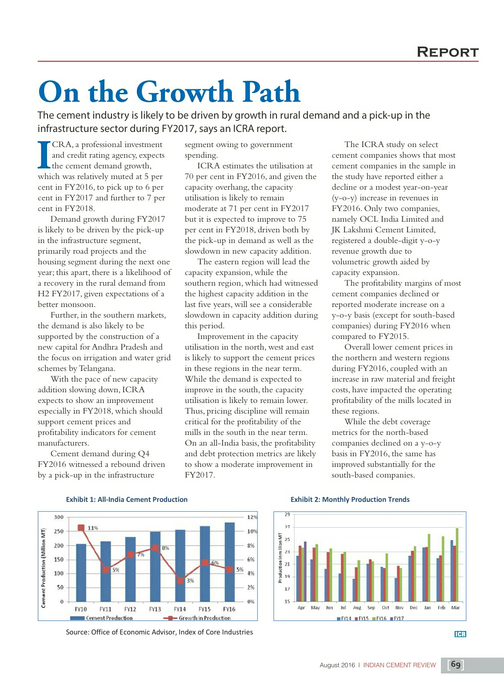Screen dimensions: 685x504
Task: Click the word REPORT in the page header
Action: click(447, 52)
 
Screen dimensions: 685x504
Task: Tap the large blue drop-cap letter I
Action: click(44, 155)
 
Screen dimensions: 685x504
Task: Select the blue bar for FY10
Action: click(81, 573)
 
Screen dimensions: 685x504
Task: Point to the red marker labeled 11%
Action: click(81, 528)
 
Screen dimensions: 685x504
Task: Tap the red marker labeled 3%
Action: click(180, 580)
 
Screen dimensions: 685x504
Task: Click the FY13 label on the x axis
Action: click(155, 609)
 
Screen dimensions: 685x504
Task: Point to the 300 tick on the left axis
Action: click(59, 517)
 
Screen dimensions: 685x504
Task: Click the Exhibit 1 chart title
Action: click(127, 499)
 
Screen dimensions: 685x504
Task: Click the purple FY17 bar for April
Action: click(305, 571)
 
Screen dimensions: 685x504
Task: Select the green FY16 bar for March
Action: click(457, 565)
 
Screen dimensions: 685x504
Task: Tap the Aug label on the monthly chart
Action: click(357, 608)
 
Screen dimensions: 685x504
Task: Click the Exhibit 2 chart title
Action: click(350, 499)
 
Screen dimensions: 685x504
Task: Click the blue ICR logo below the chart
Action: click(460, 634)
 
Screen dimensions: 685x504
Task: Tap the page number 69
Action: click(456, 665)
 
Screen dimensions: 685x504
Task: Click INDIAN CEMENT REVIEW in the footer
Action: click(399, 665)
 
